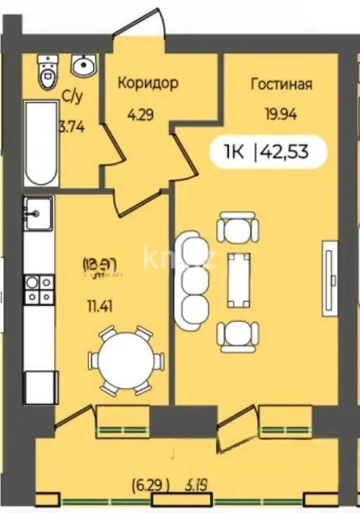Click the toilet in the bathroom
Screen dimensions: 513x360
pyautogui.click(x=47, y=73)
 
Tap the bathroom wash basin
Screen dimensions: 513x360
pyautogui.click(x=84, y=66)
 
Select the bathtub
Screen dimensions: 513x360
pyautogui.click(x=41, y=143)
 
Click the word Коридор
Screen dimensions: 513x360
pyautogui.click(x=147, y=84)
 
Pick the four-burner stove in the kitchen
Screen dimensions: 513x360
pyautogui.click(x=39, y=288)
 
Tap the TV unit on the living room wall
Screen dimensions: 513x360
pyautogui.click(x=328, y=274)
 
